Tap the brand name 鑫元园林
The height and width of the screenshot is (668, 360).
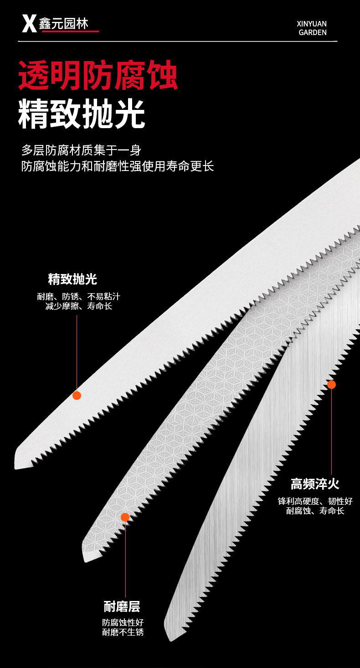click(63, 23)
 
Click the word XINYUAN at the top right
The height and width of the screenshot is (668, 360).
click(312, 24)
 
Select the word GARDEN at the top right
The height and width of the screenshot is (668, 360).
click(313, 32)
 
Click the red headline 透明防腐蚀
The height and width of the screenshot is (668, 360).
click(98, 76)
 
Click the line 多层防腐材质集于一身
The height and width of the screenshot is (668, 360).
click(82, 150)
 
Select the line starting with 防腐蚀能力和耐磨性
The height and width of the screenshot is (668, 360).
click(118, 166)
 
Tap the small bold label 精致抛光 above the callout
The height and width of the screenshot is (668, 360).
click(72, 279)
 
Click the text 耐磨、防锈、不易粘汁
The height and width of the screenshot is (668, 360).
click(78, 297)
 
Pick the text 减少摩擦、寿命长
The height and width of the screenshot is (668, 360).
click(78, 306)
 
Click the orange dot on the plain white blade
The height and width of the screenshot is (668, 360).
click(77, 395)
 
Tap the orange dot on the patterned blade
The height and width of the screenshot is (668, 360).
click(125, 517)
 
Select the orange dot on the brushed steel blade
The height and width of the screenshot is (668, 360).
click(331, 384)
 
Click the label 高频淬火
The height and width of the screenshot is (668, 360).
click(315, 484)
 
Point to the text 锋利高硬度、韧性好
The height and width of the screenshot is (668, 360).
click(315, 501)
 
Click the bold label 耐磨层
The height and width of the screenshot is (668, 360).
click(122, 607)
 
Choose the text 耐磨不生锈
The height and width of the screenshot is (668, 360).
click(123, 632)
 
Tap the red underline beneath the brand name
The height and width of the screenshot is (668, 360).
click(70, 31)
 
